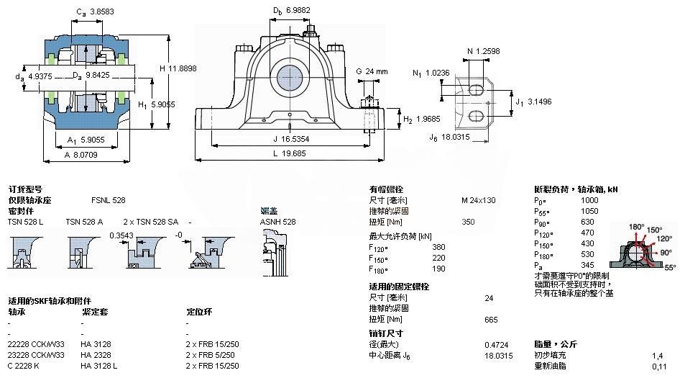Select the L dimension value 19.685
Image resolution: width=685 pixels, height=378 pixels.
point(294,153)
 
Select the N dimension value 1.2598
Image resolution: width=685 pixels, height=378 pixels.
point(489,51)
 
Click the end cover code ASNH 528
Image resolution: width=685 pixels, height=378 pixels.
point(277,222)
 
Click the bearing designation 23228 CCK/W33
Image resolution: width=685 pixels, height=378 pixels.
point(36,355)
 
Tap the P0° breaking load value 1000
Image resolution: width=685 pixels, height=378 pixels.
point(589,200)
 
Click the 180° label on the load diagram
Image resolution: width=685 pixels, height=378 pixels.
point(635,227)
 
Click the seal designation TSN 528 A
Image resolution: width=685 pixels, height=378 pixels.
point(84,222)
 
